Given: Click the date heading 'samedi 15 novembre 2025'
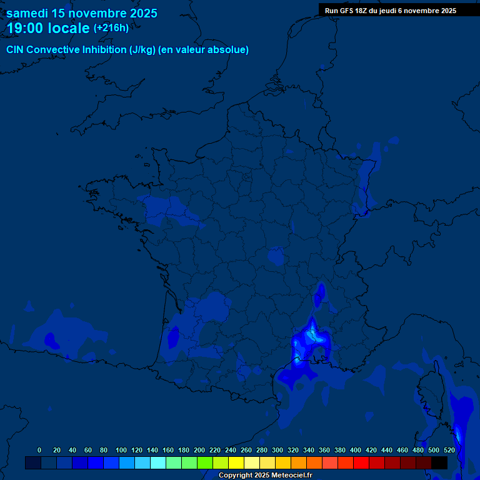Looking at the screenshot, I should [82, 13].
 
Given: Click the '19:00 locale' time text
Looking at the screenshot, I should [48, 28].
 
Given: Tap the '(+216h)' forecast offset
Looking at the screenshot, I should [111, 28].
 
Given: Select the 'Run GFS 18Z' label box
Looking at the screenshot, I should [391, 11].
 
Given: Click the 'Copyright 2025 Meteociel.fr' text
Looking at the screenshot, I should [265, 475].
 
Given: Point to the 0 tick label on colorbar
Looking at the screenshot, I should [39, 450].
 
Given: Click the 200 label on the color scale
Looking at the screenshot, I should [199, 450].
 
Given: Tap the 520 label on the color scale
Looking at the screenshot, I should [449, 450].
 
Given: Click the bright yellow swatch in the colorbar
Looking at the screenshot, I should [236, 462].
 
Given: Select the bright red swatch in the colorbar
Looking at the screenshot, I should [361, 462].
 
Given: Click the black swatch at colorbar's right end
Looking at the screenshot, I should [439, 462].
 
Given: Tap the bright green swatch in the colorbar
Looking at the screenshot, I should [205, 462].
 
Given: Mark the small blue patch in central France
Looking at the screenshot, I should [275, 256].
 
